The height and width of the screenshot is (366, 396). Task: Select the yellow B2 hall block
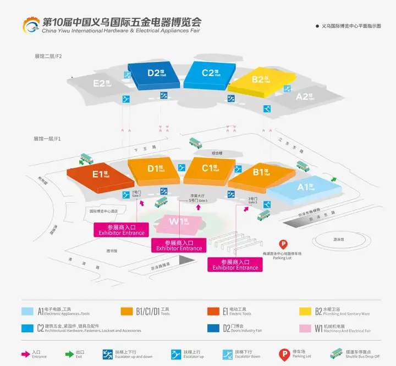pyautogui.click(x=257, y=80)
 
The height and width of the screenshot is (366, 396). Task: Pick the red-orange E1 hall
pyautogui.click(x=100, y=176)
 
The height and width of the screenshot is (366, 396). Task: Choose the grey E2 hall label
pyautogui.click(x=102, y=84)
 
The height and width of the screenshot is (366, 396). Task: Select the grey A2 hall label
pyautogui.click(x=304, y=97)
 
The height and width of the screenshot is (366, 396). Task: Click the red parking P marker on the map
pyautogui.click(x=284, y=244)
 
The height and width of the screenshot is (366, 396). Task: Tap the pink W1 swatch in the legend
pyautogui.click(x=305, y=328)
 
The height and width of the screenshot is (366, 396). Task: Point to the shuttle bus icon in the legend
pyautogui.click(x=335, y=353)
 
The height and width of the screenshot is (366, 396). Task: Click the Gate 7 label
pyautogui.click(x=137, y=194)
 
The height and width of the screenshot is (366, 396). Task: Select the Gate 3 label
pyautogui.click(x=252, y=200)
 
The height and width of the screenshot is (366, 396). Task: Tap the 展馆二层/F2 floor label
pyautogui.click(x=48, y=57)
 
